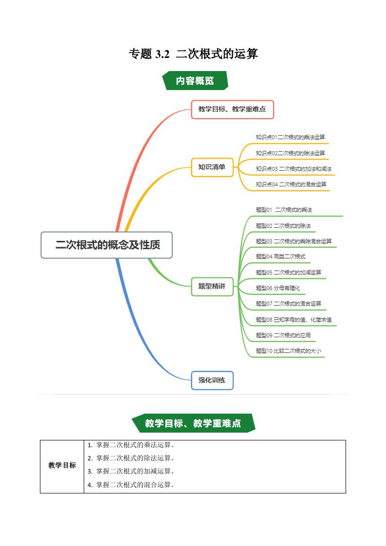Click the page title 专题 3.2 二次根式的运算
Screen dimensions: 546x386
tap(193, 54)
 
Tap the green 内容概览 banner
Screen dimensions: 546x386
tap(195, 81)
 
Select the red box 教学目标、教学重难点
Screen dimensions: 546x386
tap(232, 109)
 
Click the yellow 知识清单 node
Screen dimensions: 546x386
tap(212, 167)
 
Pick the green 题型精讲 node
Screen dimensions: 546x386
tap(212, 286)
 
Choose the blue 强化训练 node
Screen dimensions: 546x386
tap(212, 380)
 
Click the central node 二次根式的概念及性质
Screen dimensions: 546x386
tap(107, 245)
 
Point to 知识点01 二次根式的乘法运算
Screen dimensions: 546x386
tap(290, 137)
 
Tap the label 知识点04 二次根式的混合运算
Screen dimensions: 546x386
tap(291, 184)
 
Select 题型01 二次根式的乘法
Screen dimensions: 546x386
tap(284, 210)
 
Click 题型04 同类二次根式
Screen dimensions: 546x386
tap(280, 256)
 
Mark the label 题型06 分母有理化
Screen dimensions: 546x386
tap(278, 288)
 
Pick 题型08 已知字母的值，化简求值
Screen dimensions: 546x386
tap(294, 320)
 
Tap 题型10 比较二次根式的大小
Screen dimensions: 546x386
tap(289, 351)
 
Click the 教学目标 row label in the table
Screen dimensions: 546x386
tap(62, 466)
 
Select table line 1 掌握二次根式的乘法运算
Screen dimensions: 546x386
tap(130, 445)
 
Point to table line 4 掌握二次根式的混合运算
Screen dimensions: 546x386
tap(130, 485)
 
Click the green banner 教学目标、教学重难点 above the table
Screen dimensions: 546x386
tap(193, 423)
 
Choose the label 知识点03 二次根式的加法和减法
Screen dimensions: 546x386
tap(294, 169)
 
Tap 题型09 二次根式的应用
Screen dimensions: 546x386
tap(283, 335)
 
